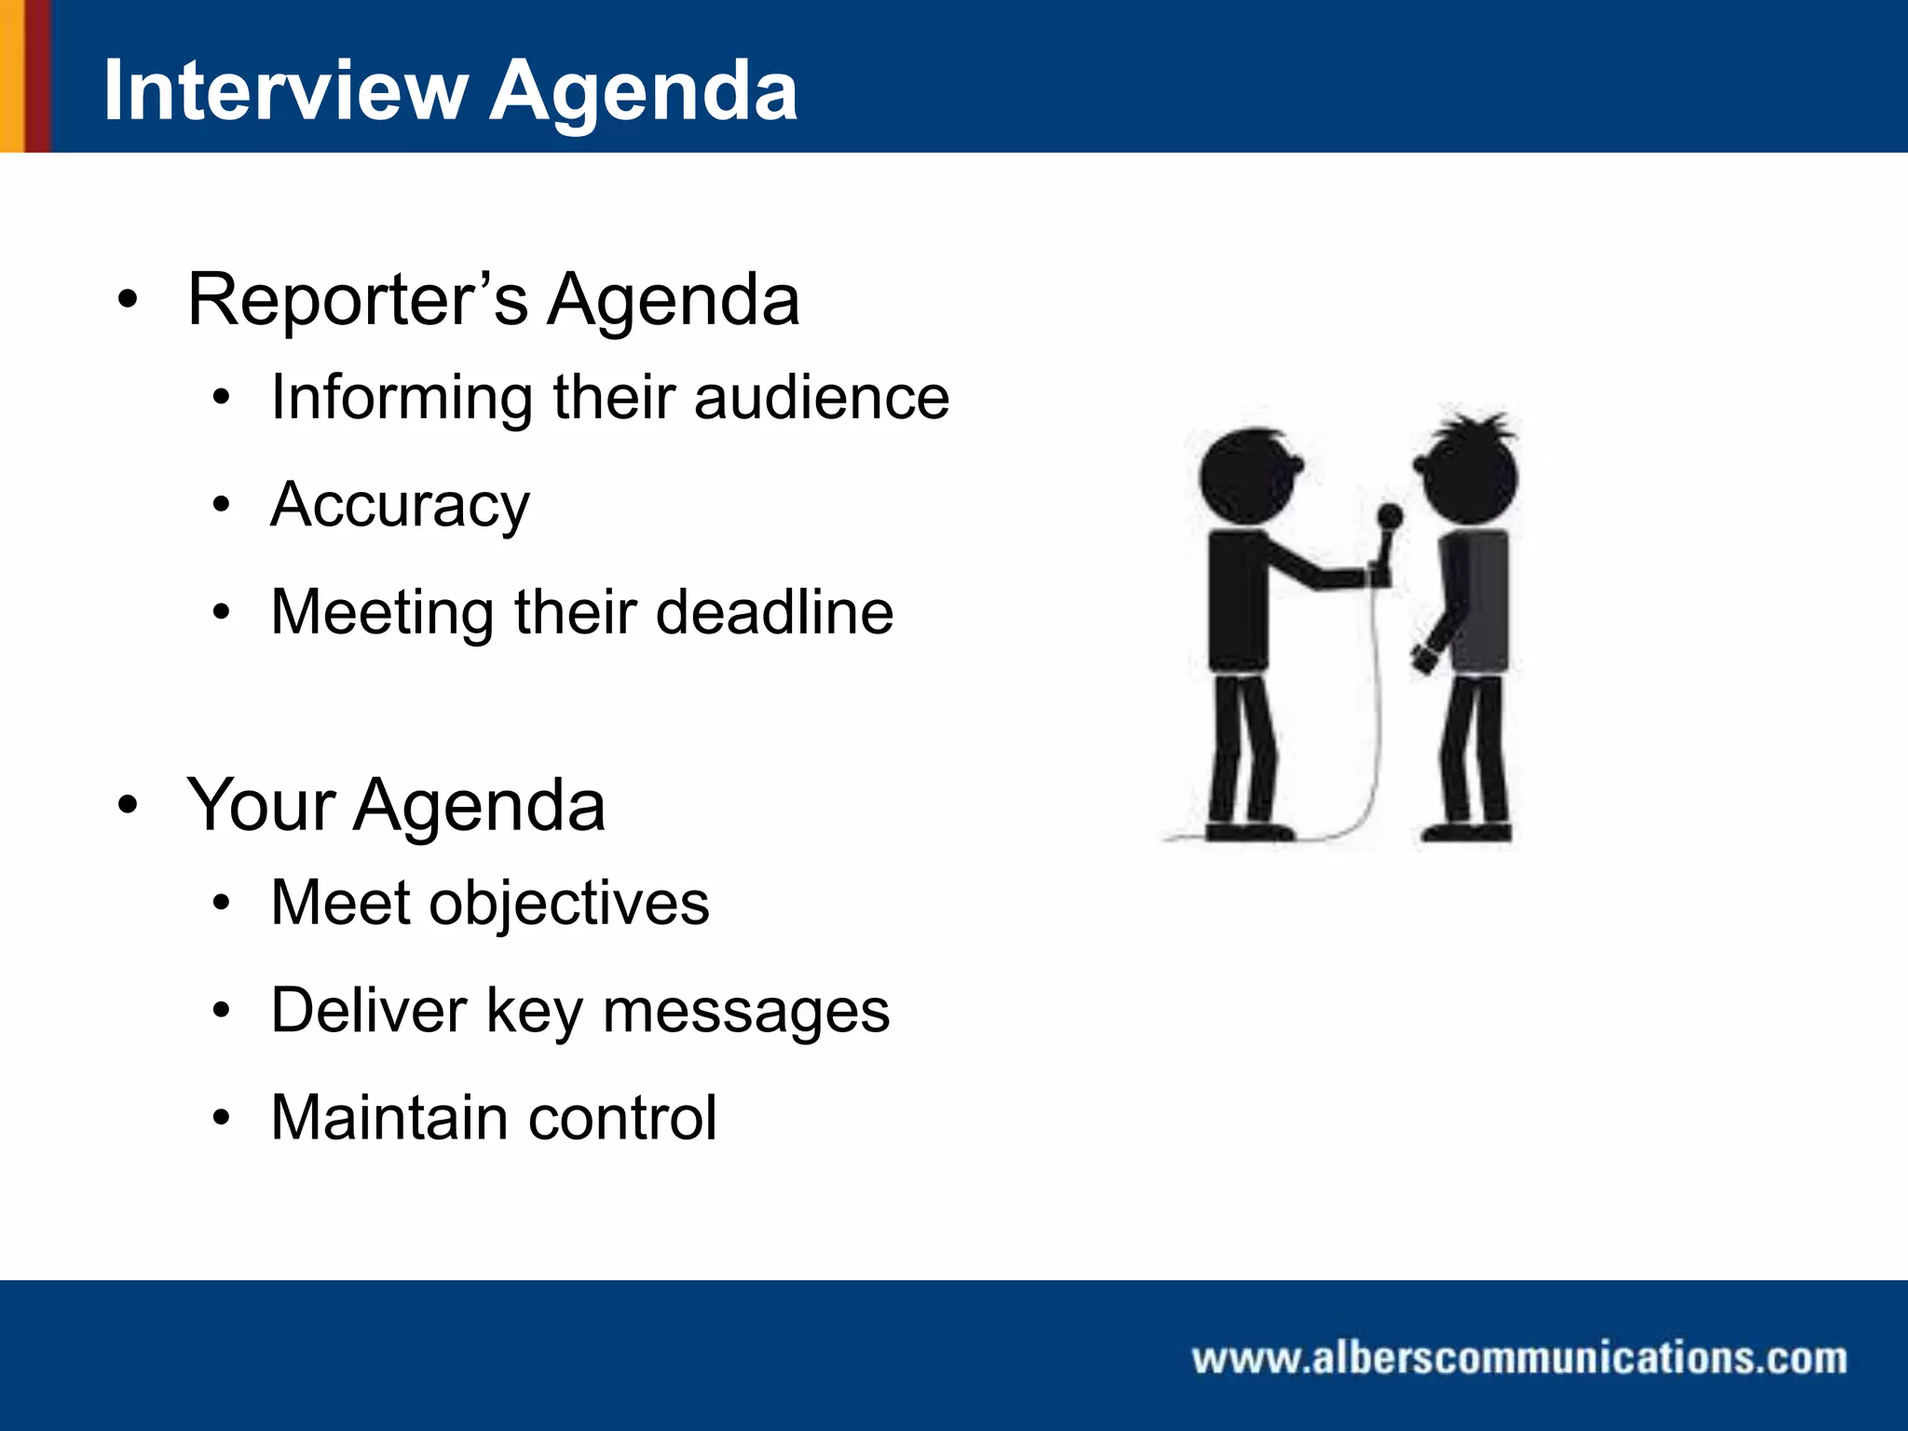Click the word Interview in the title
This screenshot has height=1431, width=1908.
point(284,90)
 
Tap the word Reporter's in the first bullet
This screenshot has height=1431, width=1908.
point(358,300)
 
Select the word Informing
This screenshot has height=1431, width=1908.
point(402,399)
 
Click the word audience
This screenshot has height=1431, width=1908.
point(822,398)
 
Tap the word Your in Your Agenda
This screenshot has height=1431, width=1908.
point(260,805)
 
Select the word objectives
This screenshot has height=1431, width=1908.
point(568,903)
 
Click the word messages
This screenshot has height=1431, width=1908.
point(745,1012)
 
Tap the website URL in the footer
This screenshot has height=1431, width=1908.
point(1519,1357)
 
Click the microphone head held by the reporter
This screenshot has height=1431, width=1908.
point(1389,516)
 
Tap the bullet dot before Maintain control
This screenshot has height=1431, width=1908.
point(221,1118)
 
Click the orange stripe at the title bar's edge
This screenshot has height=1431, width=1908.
point(11,75)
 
